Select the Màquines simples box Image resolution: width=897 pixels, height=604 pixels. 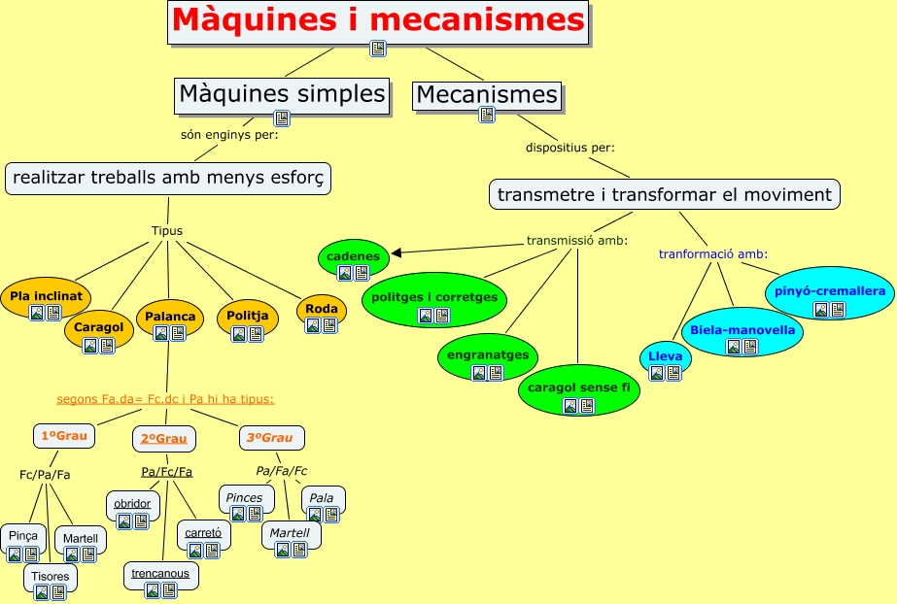(282, 94)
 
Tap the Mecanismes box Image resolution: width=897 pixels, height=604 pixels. (486, 95)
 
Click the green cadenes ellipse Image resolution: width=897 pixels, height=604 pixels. (353, 257)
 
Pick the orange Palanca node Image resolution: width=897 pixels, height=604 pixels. (170, 318)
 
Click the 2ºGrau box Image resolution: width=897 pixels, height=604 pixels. (163, 439)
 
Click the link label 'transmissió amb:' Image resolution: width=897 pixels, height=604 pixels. (576, 240)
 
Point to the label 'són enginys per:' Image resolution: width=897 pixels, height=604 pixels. (229, 134)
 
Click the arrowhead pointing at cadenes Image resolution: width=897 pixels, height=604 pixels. (396, 253)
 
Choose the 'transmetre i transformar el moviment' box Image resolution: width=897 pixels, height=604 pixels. (664, 194)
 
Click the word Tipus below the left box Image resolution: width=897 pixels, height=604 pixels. (167, 230)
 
